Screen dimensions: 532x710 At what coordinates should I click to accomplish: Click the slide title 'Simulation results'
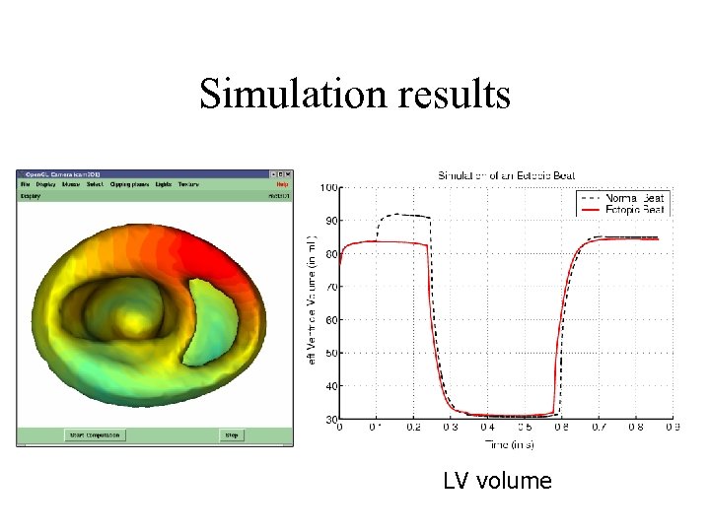tap(354, 95)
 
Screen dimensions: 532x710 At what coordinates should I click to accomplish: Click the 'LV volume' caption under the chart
tap(497, 481)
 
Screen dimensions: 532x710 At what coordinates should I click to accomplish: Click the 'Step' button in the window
tap(232, 434)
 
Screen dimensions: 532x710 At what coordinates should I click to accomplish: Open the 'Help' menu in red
tap(282, 184)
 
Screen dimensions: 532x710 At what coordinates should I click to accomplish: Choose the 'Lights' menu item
tap(164, 184)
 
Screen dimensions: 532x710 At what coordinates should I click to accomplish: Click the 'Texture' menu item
tap(189, 184)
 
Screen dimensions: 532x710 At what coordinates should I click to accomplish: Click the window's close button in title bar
tap(288, 174)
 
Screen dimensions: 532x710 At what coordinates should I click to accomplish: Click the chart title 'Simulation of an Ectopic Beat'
tap(507, 175)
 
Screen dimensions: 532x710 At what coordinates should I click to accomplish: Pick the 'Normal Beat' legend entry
tap(639, 198)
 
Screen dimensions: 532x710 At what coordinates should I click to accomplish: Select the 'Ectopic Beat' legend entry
tap(638, 210)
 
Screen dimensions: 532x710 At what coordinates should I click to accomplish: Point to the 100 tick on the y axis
tap(328, 188)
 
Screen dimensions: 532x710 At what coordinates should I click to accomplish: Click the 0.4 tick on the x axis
tap(487, 428)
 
